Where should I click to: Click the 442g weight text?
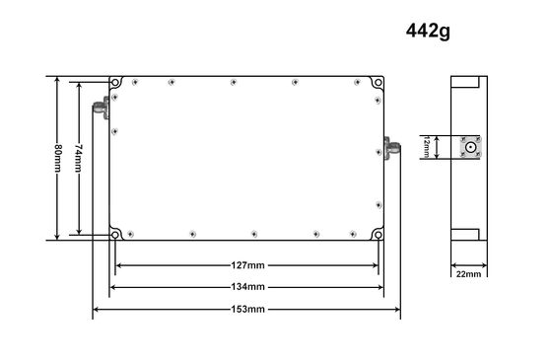[x=430, y=31]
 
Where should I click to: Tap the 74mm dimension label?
[x=79, y=158]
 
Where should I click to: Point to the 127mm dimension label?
[x=247, y=265]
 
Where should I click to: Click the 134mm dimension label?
[x=247, y=287]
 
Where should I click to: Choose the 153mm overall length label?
[x=247, y=310]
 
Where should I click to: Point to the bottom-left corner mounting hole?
[x=115, y=234]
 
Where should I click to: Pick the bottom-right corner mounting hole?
[x=379, y=234]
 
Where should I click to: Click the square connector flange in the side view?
[x=471, y=148]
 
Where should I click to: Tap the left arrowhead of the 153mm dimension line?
[x=97, y=310]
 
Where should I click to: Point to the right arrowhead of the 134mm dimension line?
[x=381, y=287]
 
